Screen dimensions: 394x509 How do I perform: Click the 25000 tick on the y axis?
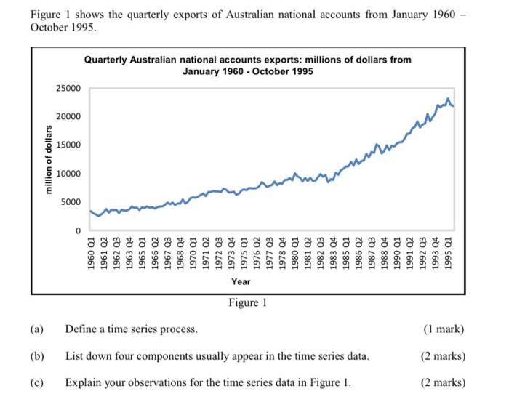tap(68, 89)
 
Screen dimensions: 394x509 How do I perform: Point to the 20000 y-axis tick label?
tap(68, 117)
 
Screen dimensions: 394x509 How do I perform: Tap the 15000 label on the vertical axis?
tap(68, 145)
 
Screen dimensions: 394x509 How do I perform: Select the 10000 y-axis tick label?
tap(68, 174)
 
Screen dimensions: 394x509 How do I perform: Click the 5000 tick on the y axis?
tap(71, 202)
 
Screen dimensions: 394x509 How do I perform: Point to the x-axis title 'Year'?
tap(241, 281)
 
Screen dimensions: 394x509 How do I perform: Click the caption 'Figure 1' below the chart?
tap(247, 302)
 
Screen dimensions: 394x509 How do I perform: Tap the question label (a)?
tap(37, 329)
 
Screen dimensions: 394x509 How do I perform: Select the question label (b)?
tap(37, 356)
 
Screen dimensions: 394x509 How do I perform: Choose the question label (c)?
tap(37, 382)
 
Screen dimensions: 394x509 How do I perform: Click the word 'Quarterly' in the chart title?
tap(107, 60)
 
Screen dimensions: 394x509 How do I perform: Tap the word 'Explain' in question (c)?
tap(83, 382)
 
